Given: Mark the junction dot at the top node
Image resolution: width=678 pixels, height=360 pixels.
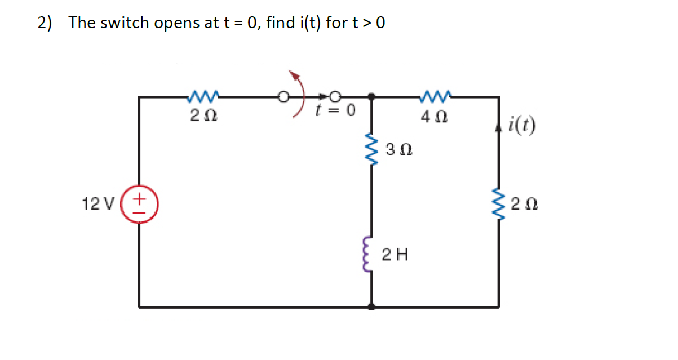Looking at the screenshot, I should click(371, 97).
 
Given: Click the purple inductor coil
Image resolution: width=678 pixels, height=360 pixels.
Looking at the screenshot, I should click(370, 254).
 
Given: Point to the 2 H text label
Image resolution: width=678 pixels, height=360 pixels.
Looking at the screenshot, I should click(394, 255).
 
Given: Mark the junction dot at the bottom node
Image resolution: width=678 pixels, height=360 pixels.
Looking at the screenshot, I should click(371, 307).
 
